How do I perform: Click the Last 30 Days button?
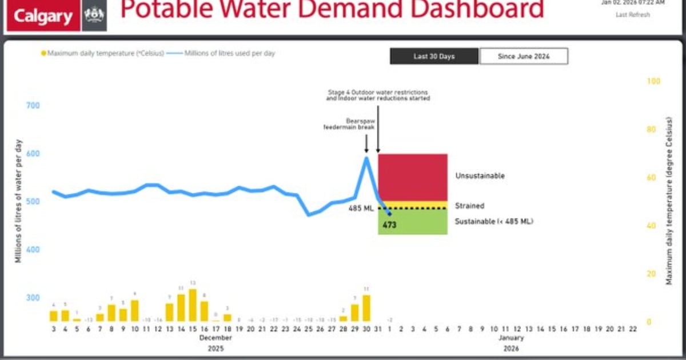pos(434,57)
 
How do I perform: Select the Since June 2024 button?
pos(524,57)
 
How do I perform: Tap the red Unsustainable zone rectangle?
pos(412,177)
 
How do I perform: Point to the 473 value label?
pos(390,225)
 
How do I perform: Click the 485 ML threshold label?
pos(361,209)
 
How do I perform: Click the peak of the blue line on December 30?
pos(366,157)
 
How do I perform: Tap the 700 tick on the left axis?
pos(32,106)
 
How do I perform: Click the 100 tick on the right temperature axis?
pos(653,82)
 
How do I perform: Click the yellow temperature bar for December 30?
pos(366,308)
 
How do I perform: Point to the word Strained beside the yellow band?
pos(469,206)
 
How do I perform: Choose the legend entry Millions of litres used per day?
pos(229,53)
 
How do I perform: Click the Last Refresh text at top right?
pos(632,15)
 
